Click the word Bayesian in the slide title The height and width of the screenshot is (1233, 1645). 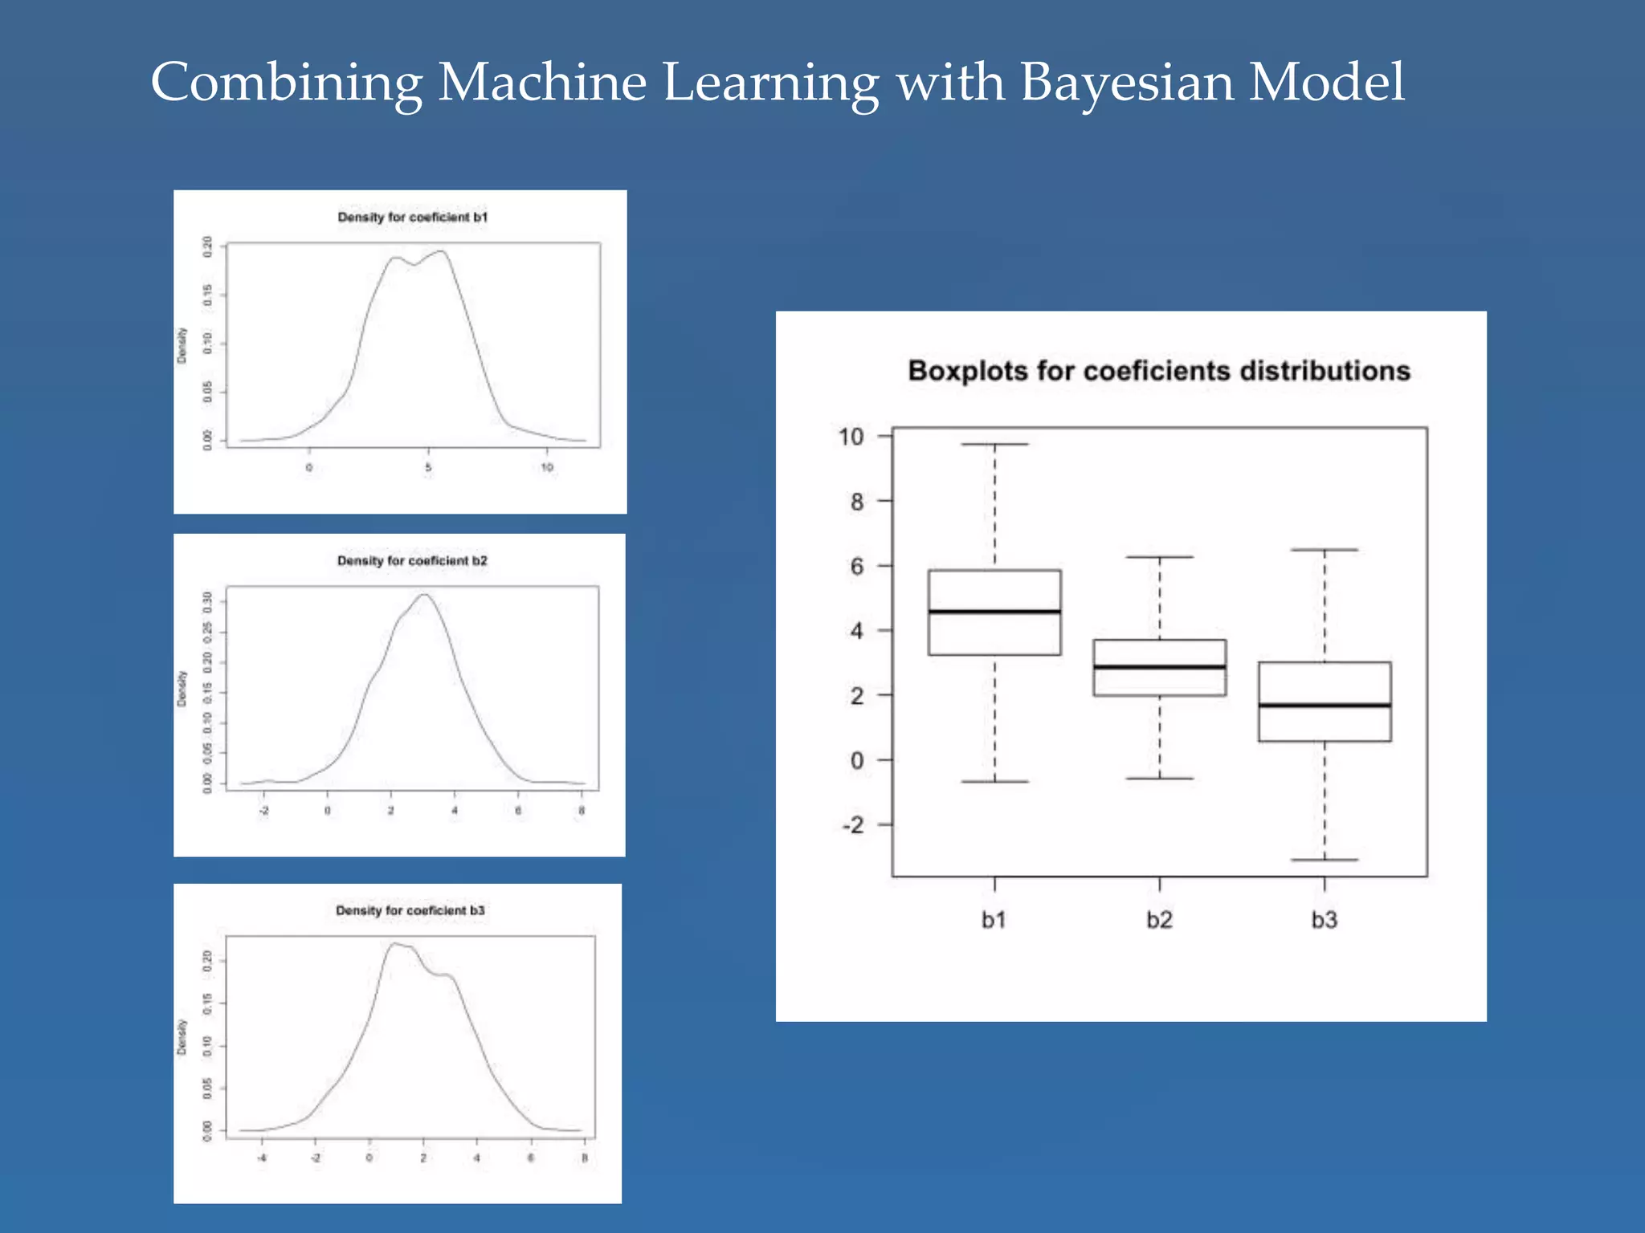pyautogui.click(x=1126, y=83)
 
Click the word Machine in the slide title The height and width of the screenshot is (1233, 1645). pyautogui.click(x=542, y=83)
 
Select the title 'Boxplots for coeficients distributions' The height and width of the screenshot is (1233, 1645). pyautogui.click(x=1159, y=371)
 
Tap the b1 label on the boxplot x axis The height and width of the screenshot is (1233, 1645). pyautogui.click(x=994, y=920)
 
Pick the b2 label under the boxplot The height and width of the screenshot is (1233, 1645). pyautogui.click(x=1159, y=920)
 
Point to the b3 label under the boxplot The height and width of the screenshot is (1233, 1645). pyautogui.click(x=1325, y=920)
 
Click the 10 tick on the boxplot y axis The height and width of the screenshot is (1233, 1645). pyautogui.click(x=851, y=437)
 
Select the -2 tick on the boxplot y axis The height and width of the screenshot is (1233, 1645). pyautogui.click(x=853, y=825)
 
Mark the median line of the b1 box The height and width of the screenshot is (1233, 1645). pyautogui.click(x=994, y=612)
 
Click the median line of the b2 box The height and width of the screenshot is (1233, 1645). pyautogui.click(x=1159, y=667)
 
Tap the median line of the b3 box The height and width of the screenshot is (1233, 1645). pyautogui.click(x=1325, y=706)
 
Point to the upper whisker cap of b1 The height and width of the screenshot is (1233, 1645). pyautogui.click(x=994, y=444)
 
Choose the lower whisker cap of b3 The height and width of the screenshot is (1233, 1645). pyautogui.click(x=1325, y=860)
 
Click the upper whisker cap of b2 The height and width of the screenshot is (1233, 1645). pyautogui.click(x=1159, y=557)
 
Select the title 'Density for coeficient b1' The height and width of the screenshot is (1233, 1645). pyautogui.click(x=412, y=218)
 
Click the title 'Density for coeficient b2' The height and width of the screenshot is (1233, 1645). pyautogui.click(x=412, y=561)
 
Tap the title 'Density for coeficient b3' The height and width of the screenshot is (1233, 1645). pyautogui.click(x=410, y=910)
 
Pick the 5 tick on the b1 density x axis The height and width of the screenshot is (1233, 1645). pyautogui.click(x=428, y=467)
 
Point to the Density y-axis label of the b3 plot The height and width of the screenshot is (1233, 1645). pyautogui.click(x=182, y=1037)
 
